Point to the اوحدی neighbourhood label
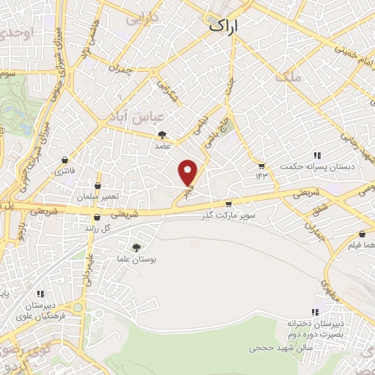click(x=18, y=33)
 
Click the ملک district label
click(x=286, y=75)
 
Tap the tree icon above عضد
click(x=163, y=134)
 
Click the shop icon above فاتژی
click(x=66, y=160)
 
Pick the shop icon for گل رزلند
click(x=97, y=217)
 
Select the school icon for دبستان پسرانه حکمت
click(x=317, y=155)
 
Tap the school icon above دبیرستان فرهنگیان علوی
click(x=41, y=294)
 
